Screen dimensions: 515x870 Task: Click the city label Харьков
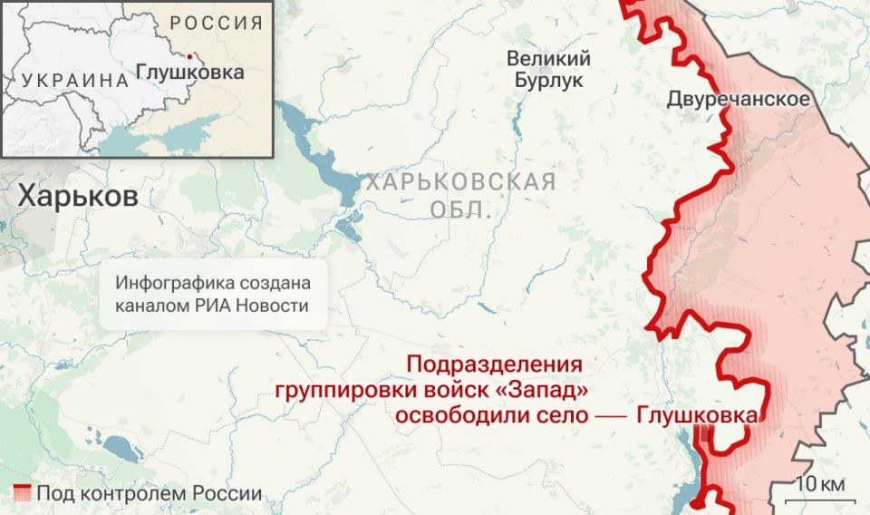pos(78,196)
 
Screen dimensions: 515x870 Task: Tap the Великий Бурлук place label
pos(548,70)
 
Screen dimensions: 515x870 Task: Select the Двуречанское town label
pos(739,99)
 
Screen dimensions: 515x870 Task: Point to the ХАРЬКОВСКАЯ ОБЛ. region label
pos(460,196)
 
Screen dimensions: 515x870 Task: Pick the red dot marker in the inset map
pos(188,54)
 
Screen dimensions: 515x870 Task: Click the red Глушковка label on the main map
pos(697,414)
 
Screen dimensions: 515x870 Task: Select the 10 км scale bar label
pos(820,484)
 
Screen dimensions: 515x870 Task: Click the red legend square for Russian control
pos(24,494)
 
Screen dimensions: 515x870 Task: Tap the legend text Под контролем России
pos(149,494)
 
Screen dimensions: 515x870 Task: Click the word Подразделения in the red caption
pos(493,365)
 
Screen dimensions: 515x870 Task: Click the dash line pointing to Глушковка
pos(612,415)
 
